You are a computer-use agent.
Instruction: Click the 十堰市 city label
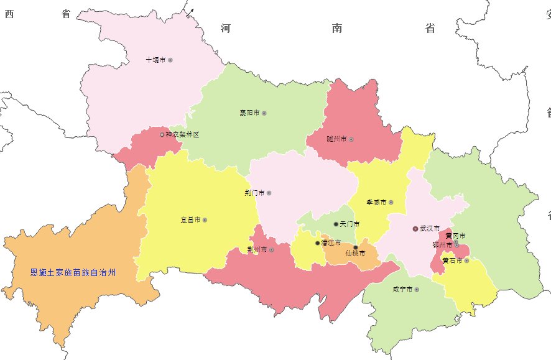(x=155, y=60)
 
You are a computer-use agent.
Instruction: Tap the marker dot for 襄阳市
(x=264, y=113)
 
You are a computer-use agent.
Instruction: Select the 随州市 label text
(x=336, y=139)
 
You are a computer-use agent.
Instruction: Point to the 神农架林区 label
(x=183, y=134)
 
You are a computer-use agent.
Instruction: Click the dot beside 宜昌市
(x=205, y=220)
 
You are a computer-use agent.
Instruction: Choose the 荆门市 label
(x=254, y=193)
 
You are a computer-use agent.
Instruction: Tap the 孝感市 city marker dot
(x=391, y=202)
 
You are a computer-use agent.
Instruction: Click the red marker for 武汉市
(x=415, y=229)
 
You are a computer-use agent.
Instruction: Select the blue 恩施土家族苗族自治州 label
(x=73, y=272)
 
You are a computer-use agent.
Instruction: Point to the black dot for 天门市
(x=336, y=224)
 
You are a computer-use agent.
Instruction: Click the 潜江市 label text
(x=331, y=243)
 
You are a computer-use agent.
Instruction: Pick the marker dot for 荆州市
(x=272, y=250)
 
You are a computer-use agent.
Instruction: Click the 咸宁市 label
(x=402, y=290)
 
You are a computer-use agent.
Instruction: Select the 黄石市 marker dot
(x=466, y=261)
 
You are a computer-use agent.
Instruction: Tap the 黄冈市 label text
(x=455, y=236)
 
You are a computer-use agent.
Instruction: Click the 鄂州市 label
(x=442, y=245)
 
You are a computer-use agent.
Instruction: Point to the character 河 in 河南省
(x=226, y=29)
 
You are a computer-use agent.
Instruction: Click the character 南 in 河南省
(x=338, y=29)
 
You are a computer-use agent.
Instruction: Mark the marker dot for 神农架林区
(x=162, y=134)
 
